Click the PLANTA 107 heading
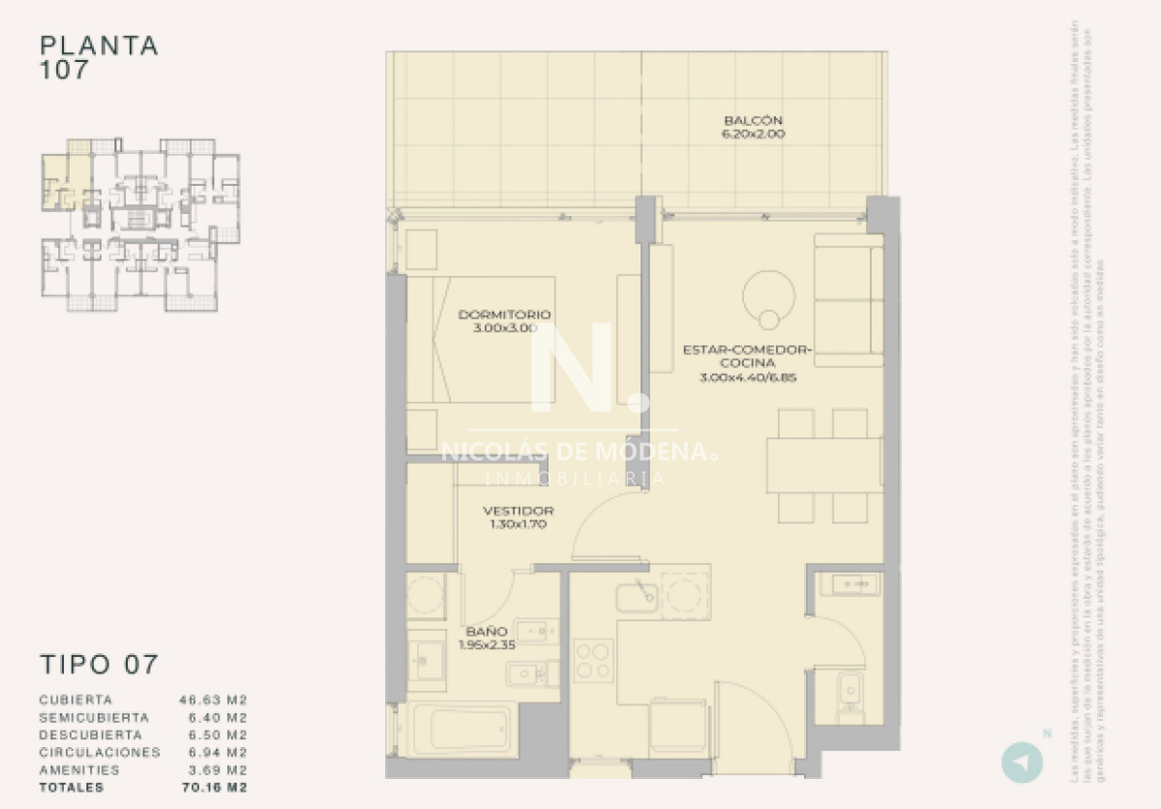click(99, 57)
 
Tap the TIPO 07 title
click(99, 665)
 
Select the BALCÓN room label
click(753, 121)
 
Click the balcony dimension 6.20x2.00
click(753, 135)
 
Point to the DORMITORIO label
click(504, 315)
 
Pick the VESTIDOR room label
click(519, 511)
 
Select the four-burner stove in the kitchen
click(592, 660)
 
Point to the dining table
click(824, 466)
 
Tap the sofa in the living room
click(848, 300)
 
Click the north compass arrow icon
click(1022, 762)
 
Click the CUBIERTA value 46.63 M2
click(214, 700)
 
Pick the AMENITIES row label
click(80, 770)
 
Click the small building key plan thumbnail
click(140, 224)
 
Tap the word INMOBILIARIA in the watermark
click(574, 478)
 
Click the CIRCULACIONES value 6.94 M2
click(214, 753)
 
